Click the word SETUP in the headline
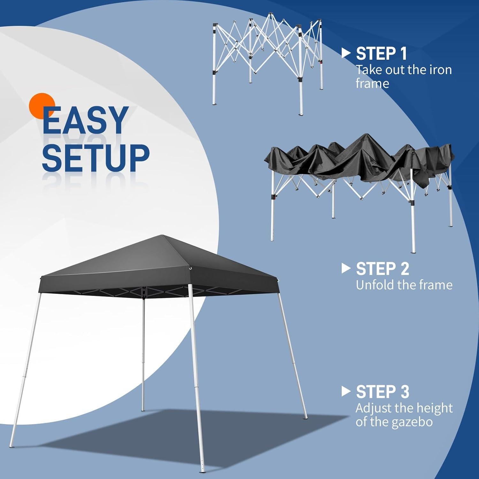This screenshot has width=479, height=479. click(95, 158)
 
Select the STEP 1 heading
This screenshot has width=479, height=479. click(381, 54)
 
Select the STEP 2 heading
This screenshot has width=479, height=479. click(382, 269)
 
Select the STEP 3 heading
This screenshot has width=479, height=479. click(382, 392)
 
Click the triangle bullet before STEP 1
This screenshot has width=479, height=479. click(346, 53)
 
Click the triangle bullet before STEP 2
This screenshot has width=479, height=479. click(346, 268)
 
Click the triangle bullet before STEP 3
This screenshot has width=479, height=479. click(346, 392)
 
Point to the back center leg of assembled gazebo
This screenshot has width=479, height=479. click(143, 351)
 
